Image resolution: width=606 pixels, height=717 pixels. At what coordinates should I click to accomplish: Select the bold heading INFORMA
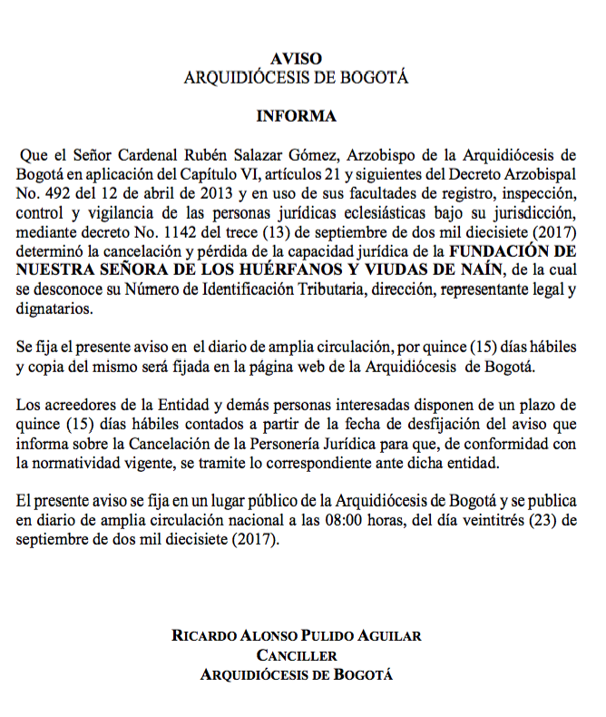[x=296, y=116]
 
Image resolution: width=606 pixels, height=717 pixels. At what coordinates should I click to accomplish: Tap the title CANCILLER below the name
[x=297, y=655]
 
